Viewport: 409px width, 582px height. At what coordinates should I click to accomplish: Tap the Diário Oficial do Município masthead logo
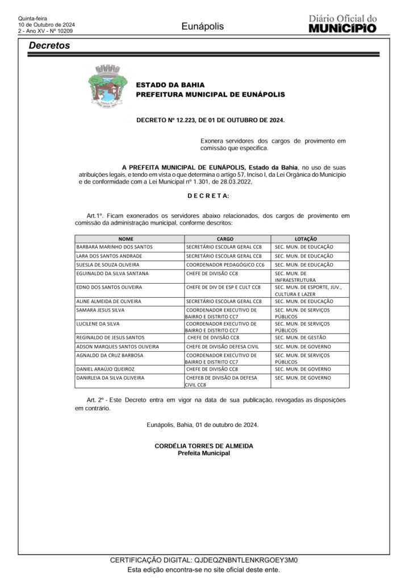tap(342, 24)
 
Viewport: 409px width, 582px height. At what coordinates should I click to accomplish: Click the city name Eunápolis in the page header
tap(203, 26)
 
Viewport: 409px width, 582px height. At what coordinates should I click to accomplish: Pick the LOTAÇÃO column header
tap(306, 239)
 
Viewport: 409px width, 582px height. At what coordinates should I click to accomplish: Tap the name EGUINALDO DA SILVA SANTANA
tap(112, 273)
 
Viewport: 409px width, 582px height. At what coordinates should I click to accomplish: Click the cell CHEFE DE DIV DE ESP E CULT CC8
tap(223, 288)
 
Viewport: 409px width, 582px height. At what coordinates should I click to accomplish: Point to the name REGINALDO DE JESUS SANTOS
tap(110, 337)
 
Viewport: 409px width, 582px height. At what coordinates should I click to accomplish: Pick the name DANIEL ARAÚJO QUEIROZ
tap(105, 369)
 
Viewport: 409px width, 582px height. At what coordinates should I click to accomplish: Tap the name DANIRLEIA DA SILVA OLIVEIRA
tap(110, 377)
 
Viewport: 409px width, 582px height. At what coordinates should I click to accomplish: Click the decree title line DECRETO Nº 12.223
tap(210, 120)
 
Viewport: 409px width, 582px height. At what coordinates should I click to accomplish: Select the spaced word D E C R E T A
tap(208, 196)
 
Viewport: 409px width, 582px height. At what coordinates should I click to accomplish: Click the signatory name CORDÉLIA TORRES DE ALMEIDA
tap(204, 446)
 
